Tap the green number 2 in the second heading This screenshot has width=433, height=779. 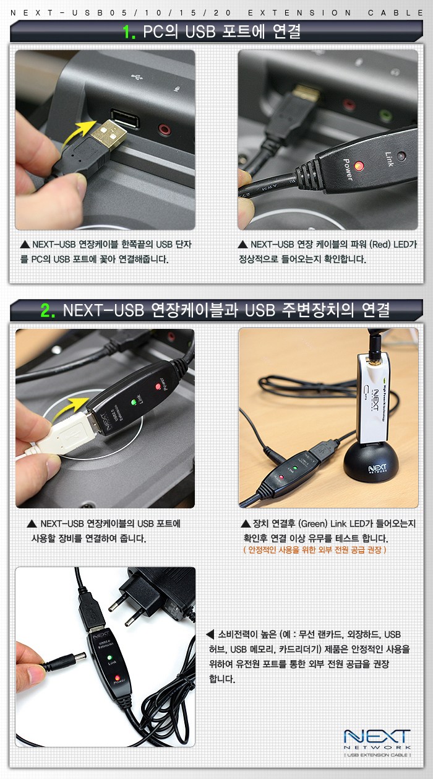tap(47, 310)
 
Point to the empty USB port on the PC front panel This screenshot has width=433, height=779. tap(125, 119)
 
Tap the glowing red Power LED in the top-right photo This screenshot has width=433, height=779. tap(359, 165)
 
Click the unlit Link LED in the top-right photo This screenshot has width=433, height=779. tap(401, 156)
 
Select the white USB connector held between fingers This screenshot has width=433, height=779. tap(71, 433)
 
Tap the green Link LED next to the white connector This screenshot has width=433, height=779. tap(134, 403)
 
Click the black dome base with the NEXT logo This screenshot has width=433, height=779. tap(369, 462)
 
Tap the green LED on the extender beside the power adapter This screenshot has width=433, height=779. tap(110, 658)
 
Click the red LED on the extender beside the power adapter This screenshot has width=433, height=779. tap(118, 678)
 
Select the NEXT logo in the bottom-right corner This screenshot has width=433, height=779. tap(377, 739)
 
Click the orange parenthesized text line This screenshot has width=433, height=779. tap(315, 550)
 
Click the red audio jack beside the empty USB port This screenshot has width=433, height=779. tap(164, 129)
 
